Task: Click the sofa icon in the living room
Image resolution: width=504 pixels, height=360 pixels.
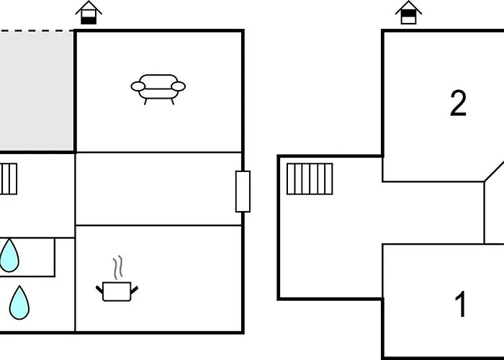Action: click(158, 89)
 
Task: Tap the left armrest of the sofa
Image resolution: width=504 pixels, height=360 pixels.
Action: click(138, 86)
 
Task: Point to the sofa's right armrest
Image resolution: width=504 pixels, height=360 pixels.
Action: click(179, 86)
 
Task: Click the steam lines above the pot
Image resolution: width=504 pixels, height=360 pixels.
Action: click(118, 267)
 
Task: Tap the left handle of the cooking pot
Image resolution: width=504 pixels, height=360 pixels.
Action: click(99, 289)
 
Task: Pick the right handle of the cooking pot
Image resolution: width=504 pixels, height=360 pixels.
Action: click(135, 289)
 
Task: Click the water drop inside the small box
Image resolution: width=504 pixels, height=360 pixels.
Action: click(9, 256)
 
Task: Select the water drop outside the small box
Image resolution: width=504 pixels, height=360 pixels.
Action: click(19, 303)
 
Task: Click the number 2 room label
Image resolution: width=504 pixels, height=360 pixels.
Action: click(458, 103)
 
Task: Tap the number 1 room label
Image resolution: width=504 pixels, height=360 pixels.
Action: click(461, 304)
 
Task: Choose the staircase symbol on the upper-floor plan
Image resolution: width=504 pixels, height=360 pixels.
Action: click(310, 179)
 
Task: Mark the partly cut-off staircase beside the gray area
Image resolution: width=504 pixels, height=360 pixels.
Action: click(9, 179)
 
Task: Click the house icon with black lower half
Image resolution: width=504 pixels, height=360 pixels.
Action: click(89, 13)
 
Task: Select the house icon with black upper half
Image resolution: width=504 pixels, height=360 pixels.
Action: click(408, 13)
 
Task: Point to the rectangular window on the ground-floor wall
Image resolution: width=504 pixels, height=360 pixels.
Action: click(243, 192)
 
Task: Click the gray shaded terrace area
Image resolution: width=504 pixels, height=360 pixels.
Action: click(37, 91)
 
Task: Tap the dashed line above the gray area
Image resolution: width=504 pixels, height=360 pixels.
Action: click(37, 31)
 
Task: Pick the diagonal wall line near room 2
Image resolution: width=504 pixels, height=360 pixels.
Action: click(494, 171)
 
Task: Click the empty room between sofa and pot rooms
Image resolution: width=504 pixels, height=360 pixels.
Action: click(158, 189)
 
